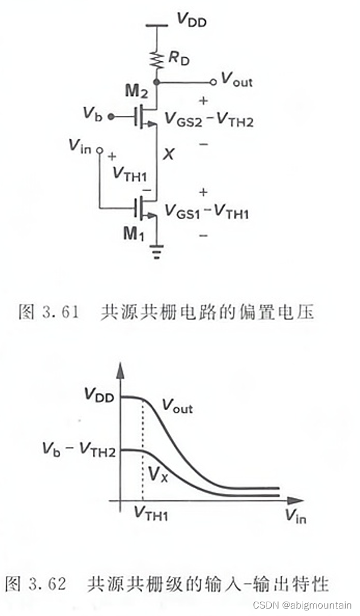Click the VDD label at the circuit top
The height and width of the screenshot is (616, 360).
pyautogui.click(x=191, y=21)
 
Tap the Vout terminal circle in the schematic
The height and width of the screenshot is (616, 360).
pyautogui.click(x=213, y=82)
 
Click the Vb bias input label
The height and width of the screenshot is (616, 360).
pyautogui.click(x=92, y=114)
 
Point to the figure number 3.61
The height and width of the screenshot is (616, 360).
pyautogui.click(x=61, y=313)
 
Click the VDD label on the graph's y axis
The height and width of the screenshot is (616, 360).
pyautogui.click(x=99, y=395)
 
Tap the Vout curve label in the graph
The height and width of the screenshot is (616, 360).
pyautogui.click(x=177, y=407)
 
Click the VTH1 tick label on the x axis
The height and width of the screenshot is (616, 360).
pyautogui.click(x=150, y=513)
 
